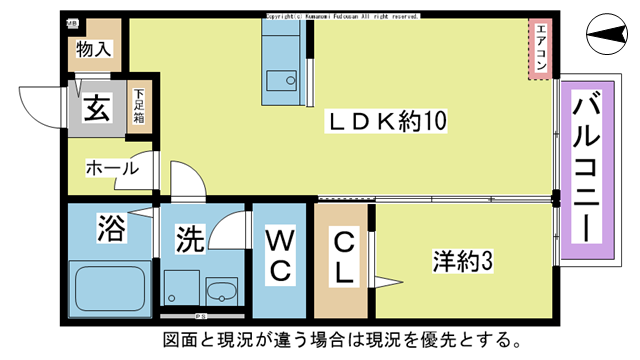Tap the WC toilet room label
[x=279, y=256]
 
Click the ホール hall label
[x=111, y=169]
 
